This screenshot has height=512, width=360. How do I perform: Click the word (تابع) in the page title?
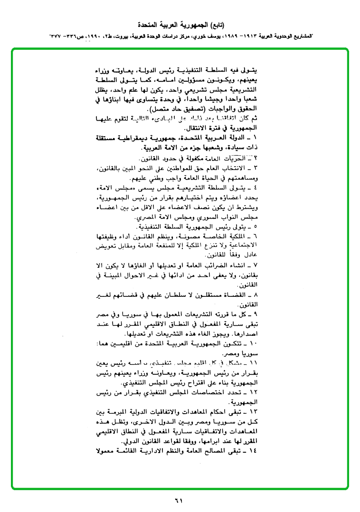pos(216,24)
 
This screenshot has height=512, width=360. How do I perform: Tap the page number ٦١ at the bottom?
pos(178,500)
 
